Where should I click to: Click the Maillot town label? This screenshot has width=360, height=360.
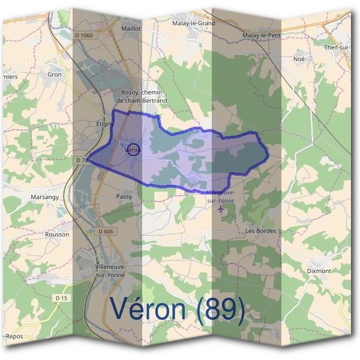pyautogui.click(x=131, y=28)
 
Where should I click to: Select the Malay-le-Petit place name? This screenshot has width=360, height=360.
pyautogui.click(x=262, y=36)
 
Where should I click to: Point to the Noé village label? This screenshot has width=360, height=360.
pyautogui.click(x=299, y=59)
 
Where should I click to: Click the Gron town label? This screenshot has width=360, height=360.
pyautogui.click(x=55, y=74)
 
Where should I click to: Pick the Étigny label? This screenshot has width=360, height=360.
pyautogui.click(x=104, y=123)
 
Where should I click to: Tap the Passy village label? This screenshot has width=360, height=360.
pyautogui.click(x=124, y=196)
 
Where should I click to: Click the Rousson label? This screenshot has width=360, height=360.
pyautogui.click(x=57, y=234)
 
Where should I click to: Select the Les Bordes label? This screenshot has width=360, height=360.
pyautogui.click(x=260, y=230)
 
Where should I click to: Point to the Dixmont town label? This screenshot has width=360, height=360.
pyautogui.click(x=319, y=271)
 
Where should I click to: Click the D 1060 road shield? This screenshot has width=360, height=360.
pyautogui.click(x=86, y=35)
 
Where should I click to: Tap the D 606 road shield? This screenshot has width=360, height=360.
pyautogui.click(x=105, y=231)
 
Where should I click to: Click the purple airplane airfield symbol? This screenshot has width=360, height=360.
pyautogui.click(x=224, y=209)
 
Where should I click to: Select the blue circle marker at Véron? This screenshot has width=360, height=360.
pyautogui.click(x=133, y=150)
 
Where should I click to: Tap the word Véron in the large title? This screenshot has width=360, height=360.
pyautogui.click(x=150, y=310)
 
